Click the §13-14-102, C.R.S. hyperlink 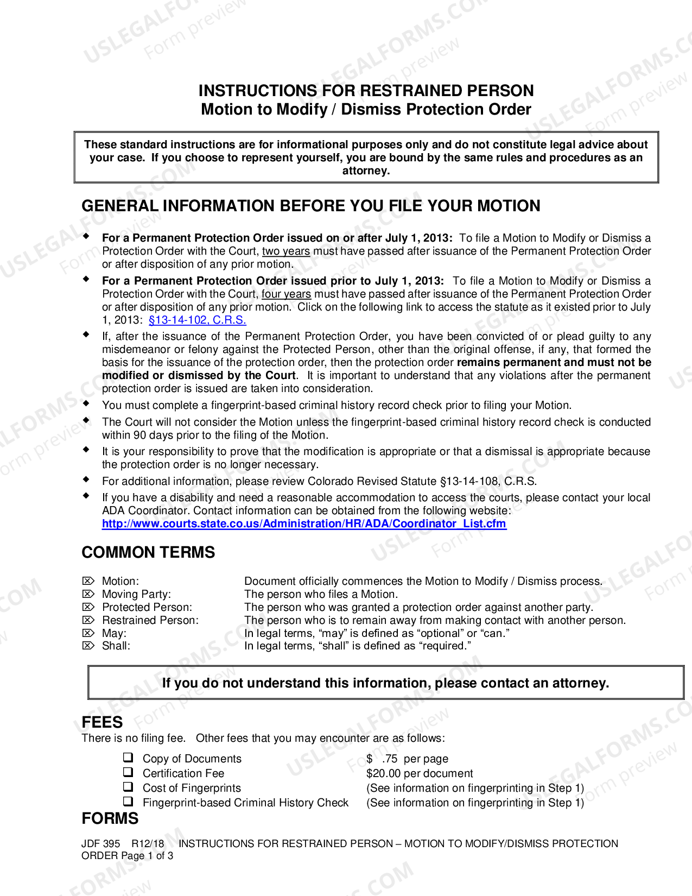click(197, 320)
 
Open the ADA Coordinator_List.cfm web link click(304, 524)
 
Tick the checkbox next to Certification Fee click(128, 772)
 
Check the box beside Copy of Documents click(128, 758)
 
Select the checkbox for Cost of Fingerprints click(128, 787)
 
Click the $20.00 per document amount click(419, 773)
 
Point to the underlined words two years click(286, 251)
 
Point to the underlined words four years click(286, 294)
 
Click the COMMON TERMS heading click(148, 552)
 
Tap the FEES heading click(102, 722)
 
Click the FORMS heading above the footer click(110, 818)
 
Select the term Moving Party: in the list click(136, 594)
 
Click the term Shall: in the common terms click(116, 646)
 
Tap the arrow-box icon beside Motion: click(88, 581)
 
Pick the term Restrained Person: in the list click(150, 620)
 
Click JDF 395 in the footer click(100, 843)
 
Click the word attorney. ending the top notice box click(366, 171)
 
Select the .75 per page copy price click(415, 759)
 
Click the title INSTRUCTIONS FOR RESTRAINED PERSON click(366, 90)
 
